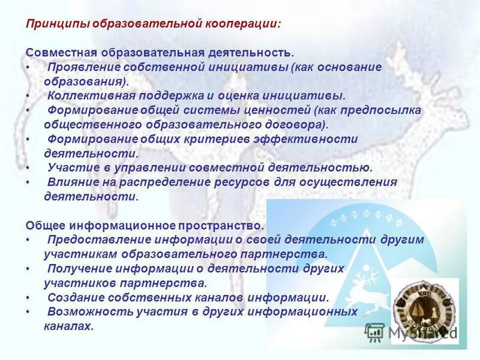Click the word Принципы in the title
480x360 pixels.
[50, 24]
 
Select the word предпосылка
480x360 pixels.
[382, 110]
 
